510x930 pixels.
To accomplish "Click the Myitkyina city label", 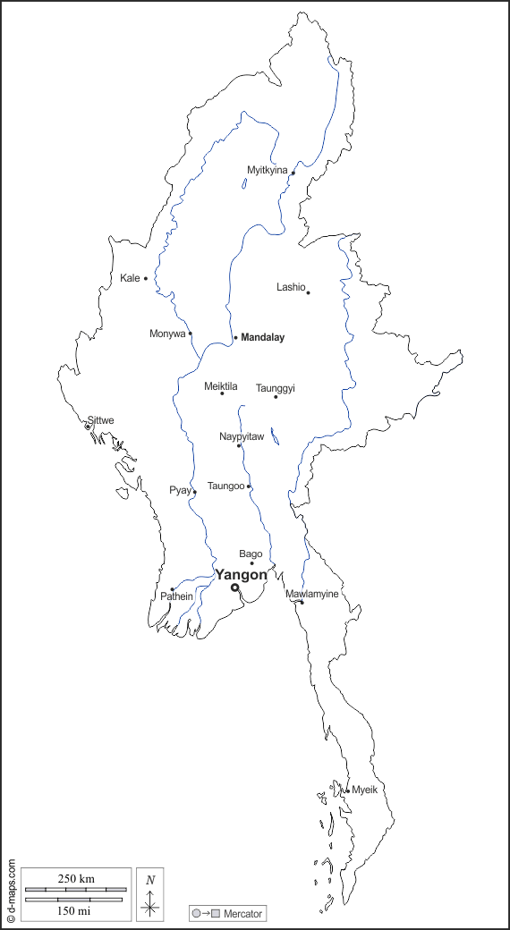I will [268, 170].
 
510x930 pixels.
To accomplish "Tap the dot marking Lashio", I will [308, 292].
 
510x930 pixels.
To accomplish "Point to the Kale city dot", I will [146, 278].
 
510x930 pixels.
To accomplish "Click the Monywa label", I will [167, 334].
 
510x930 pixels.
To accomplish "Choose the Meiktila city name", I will [221, 386].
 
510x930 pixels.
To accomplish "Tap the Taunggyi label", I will [276, 388].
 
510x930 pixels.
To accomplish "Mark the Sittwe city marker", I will [88, 427].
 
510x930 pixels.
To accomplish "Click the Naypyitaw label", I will [242, 436].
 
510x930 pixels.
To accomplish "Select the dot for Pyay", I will [194, 492].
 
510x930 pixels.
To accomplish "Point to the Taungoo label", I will [225, 486].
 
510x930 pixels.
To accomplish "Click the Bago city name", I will [251, 554].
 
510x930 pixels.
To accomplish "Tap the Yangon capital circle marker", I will [235, 588].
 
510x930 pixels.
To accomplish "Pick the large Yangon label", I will [241, 575].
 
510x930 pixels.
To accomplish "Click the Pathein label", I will [176, 597].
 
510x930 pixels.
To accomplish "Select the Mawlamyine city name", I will [312, 594].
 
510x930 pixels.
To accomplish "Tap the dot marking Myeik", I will [347, 790].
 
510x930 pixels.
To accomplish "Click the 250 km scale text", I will [76, 878].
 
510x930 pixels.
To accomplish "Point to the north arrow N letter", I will [150, 880].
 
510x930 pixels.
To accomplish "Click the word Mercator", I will [242, 913].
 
